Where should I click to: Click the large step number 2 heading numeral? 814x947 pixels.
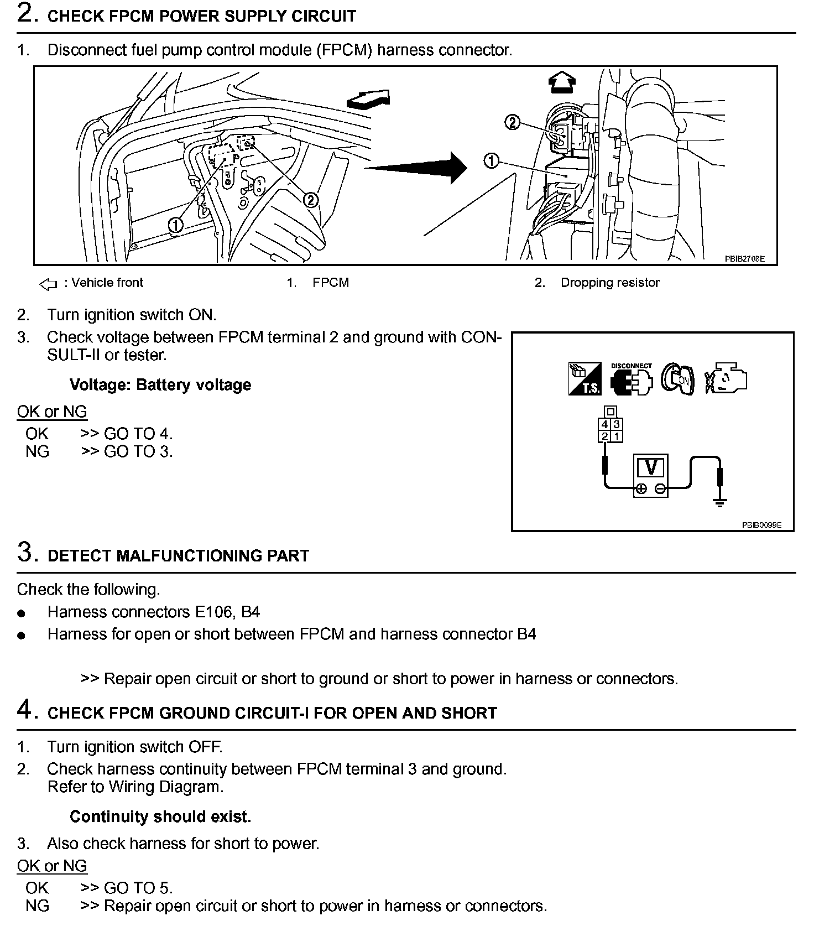(27, 13)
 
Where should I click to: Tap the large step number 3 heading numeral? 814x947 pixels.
(27, 553)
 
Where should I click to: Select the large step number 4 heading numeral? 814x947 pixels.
(27, 710)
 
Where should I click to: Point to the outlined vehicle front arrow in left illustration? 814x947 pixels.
(368, 99)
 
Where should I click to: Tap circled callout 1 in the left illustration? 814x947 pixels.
(176, 225)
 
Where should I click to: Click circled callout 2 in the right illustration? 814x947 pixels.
(513, 122)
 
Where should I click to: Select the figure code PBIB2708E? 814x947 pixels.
(745, 258)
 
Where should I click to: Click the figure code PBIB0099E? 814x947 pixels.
(761, 525)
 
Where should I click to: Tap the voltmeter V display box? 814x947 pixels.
(651, 468)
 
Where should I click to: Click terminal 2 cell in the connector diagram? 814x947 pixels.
(604, 436)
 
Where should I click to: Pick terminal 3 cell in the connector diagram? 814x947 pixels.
(617, 425)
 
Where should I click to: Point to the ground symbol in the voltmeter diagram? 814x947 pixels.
(719, 502)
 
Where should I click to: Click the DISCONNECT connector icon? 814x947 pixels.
(632, 379)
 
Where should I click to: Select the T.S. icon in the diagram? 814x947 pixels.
(585, 379)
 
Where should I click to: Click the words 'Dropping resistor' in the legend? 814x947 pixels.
(610, 283)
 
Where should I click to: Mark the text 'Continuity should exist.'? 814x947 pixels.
(160, 816)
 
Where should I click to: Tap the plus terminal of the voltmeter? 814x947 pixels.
(641, 488)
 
